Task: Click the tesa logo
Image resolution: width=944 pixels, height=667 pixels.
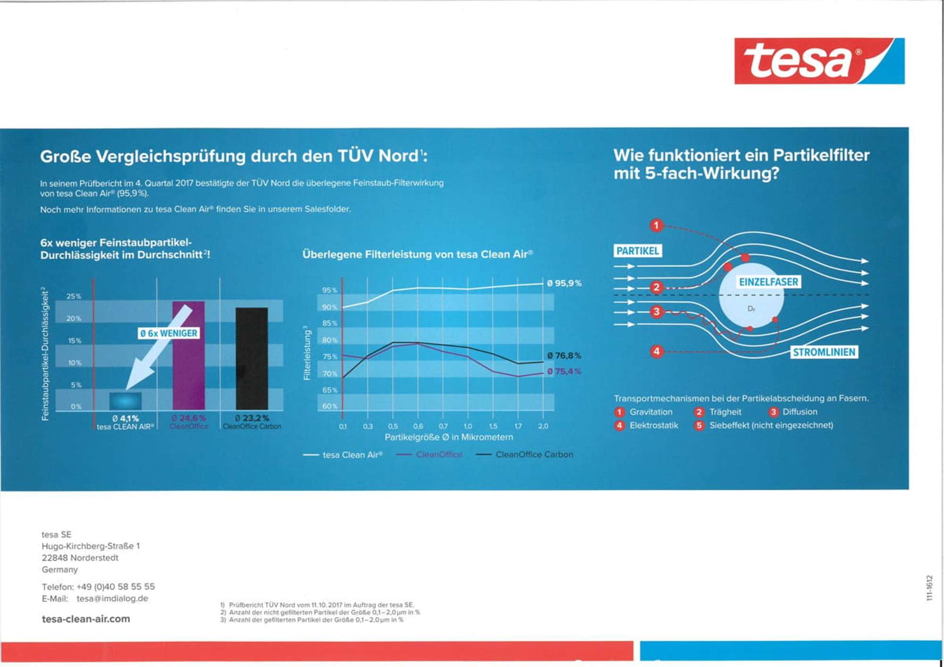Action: pyautogui.click(x=819, y=61)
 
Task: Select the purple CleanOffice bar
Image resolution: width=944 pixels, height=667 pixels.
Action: pyautogui.click(x=188, y=359)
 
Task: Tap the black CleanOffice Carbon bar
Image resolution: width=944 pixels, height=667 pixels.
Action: pyautogui.click(x=252, y=359)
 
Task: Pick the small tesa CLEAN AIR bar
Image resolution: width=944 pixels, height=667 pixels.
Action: pyautogui.click(x=125, y=401)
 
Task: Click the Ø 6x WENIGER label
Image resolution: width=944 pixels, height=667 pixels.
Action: pyautogui.click(x=169, y=333)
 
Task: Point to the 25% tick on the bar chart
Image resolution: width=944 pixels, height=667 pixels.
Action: pyautogui.click(x=74, y=296)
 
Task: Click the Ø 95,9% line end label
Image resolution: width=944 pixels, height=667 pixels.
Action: pyautogui.click(x=564, y=283)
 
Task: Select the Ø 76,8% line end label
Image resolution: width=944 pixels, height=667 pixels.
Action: pyautogui.click(x=564, y=355)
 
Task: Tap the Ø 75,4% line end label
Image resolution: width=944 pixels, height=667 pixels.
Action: pyautogui.click(x=564, y=371)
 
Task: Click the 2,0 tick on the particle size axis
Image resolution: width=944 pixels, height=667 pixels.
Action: pyautogui.click(x=543, y=426)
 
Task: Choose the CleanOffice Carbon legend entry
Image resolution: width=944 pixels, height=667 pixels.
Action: pyautogui.click(x=534, y=455)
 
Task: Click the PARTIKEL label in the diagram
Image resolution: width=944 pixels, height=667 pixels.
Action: pyautogui.click(x=638, y=251)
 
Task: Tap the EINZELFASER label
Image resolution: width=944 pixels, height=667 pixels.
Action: pyautogui.click(x=768, y=282)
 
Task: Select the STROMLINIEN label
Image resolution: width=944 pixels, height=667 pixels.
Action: pyautogui.click(x=824, y=352)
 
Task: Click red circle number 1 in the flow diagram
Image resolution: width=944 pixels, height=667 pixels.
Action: pyautogui.click(x=656, y=225)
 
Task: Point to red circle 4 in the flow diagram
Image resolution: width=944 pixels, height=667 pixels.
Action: pyautogui.click(x=656, y=351)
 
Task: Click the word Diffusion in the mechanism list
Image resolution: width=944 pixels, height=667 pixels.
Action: pyautogui.click(x=800, y=412)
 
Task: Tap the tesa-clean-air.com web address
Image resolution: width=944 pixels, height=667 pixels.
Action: pyautogui.click(x=86, y=619)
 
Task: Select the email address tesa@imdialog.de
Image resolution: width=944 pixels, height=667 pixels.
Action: pyautogui.click(x=112, y=599)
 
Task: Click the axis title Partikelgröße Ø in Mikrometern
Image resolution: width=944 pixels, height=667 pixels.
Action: pyautogui.click(x=448, y=438)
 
